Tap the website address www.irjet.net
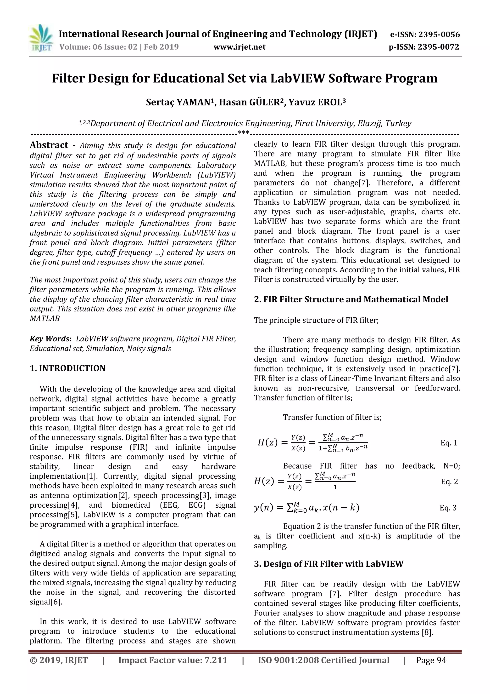pyautogui.click(x=239, y=47)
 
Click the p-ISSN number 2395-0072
pyautogui.click(x=438, y=47)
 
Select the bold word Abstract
pyautogui.click(x=49, y=145)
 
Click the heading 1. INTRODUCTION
pyautogui.click(x=68, y=368)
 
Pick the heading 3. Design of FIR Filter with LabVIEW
pyautogui.click(x=329, y=564)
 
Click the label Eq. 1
pyautogui.click(x=449, y=443)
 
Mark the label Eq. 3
pyautogui.click(x=448, y=508)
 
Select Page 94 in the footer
pyautogui.click(x=431, y=660)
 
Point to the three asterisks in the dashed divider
pyautogui.click(x=243, y=133)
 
